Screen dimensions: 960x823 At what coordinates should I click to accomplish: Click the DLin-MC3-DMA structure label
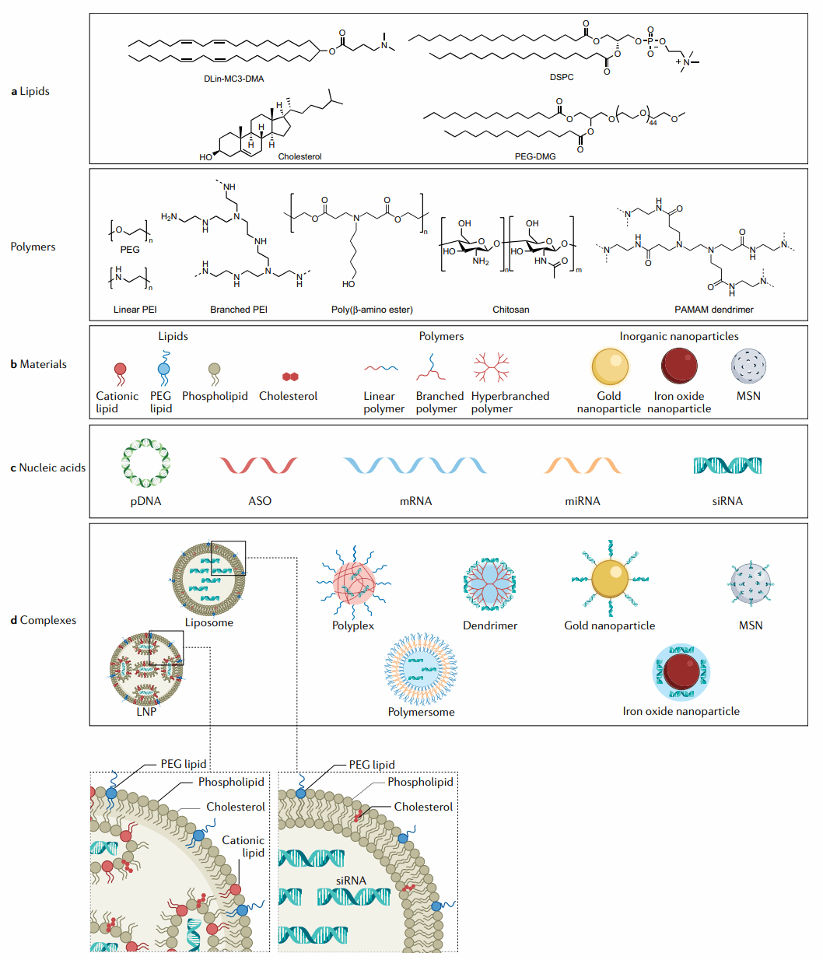[234, 79]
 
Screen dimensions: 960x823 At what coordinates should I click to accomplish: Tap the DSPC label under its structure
[561, 77]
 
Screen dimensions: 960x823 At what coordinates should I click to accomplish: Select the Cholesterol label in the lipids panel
[299, 156]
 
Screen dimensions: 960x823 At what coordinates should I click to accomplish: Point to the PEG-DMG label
[535, 156]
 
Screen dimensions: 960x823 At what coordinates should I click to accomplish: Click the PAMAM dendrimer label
[713, 310]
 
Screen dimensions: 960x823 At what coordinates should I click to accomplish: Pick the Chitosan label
[510, 310]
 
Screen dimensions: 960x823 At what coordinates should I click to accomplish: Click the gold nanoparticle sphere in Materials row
[609, 366]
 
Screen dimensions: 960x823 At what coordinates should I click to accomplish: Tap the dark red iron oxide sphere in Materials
[679, 366]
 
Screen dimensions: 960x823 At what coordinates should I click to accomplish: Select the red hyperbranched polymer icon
[491, 366]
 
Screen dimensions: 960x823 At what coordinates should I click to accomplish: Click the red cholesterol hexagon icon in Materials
[290, 377]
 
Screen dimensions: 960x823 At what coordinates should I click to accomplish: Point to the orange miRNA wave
[583, 465]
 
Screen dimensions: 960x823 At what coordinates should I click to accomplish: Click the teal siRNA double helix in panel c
[727, 465]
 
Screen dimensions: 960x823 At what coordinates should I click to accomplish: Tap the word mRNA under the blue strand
[415, 501]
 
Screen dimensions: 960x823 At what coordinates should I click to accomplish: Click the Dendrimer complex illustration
[489, 584]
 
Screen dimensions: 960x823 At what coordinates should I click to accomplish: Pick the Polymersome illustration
[421, 669]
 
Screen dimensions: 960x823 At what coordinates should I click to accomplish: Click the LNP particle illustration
[146, 669]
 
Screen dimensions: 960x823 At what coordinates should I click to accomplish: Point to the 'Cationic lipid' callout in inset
[243, 846]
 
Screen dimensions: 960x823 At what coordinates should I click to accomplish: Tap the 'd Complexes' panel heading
[44, 620]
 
